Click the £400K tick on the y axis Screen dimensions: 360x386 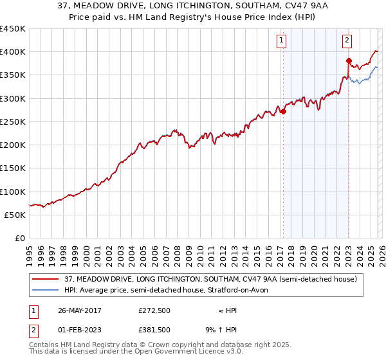pyautogui.click(x=13, y=52)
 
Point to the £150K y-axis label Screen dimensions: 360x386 pyautogui.click(x=13, y=168)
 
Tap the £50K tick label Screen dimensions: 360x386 pyautogui.click(x=15, y=215)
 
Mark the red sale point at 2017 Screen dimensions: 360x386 pyautogui.click(x=282, y=111)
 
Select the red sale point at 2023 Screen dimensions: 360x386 pyautogui.click(x=348, y=61)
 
